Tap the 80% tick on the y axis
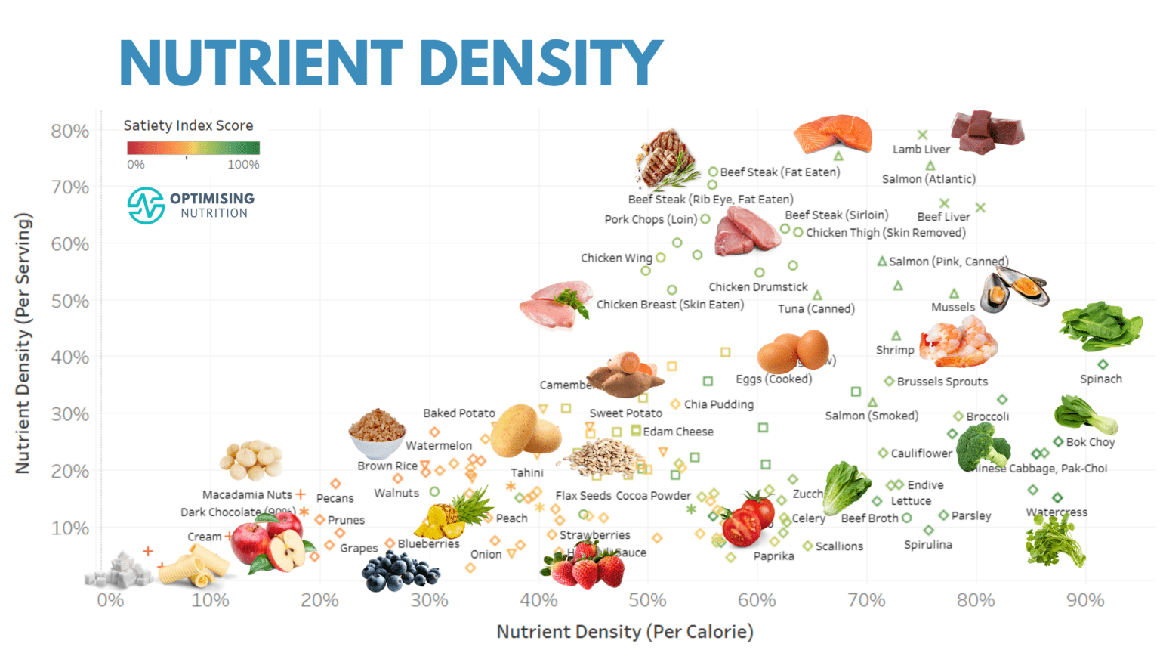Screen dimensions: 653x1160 [x=69, y=131]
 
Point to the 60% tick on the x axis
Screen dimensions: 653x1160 [x=757, y=600]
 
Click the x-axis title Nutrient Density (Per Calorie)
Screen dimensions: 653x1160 [x=625, y=632]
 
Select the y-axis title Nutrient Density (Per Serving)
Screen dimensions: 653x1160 [x=23, y=344]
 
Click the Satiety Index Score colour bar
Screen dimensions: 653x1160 [x=193, y=148]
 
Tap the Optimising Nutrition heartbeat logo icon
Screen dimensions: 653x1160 [x=146, y=206]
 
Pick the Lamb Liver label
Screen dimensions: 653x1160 [x=921, y=150]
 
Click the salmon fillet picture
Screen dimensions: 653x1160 [x=832, y=134]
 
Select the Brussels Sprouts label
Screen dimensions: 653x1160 [x=942, y=382]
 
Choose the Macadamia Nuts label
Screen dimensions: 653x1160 [x=247, y=495]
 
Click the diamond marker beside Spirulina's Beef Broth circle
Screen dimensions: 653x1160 [x=929, y=531]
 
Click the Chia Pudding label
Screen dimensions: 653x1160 [x=718, y=404]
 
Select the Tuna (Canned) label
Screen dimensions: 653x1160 [x=816, y=309]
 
